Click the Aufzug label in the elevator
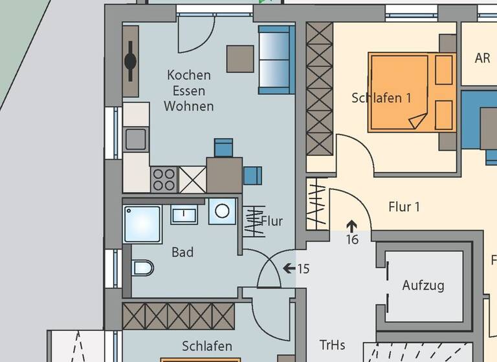[423, 285]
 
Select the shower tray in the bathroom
[142, 224]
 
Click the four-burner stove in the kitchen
[164, 179]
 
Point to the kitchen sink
[136, 138]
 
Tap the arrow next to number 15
[289, 268]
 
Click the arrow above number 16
[351, 226]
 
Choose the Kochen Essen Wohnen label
[188, 90]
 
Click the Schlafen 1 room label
[381, 98]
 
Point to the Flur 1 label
[404, 207]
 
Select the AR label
[482, 58]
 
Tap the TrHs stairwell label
[332, 344]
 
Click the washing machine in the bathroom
[223, 211]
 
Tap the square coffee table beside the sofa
[240, 59]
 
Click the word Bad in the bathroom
[182, 253]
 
